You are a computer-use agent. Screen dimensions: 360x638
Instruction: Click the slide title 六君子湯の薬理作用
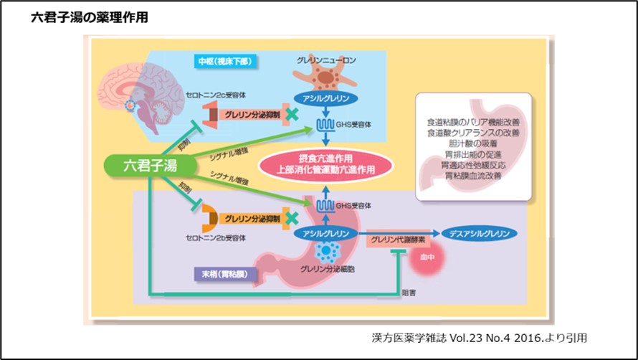[90, 18]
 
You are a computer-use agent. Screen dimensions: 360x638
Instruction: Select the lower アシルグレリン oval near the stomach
[325, 234]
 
